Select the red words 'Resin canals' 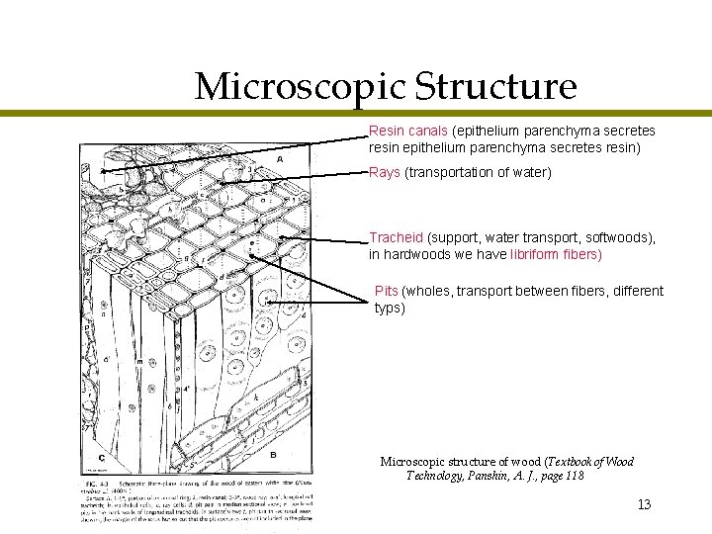(408, 131)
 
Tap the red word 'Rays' (385, 173)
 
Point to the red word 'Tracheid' (396, 238)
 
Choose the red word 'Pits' (387, 291)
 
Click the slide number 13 (644, 505)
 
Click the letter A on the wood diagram (281, 159)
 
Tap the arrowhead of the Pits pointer (268, 301)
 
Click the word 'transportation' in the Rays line (454, 173)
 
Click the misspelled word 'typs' (390, 308)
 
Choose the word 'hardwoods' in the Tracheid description (419, 254)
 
